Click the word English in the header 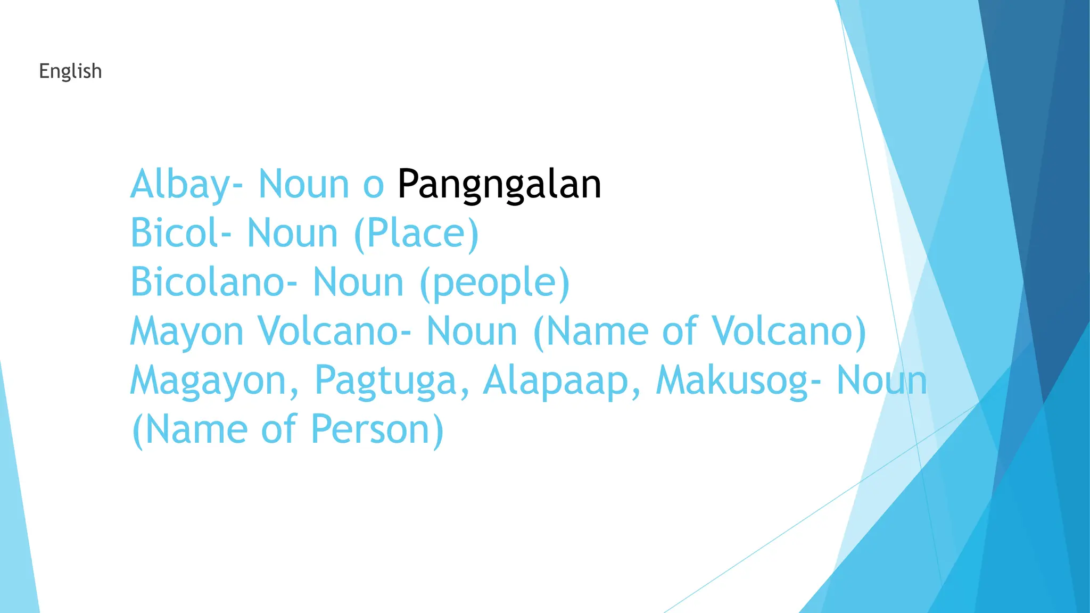[70, 71]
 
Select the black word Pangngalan [499, 185]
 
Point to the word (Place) [416, 233]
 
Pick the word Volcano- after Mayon [334, 331]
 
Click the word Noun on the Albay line [303, 185]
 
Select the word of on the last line [278, 429]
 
